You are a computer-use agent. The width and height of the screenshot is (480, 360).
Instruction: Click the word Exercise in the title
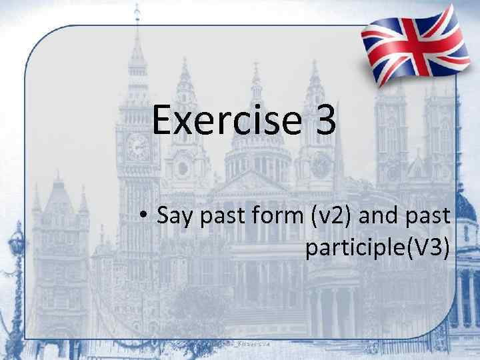click(x=224, y=121)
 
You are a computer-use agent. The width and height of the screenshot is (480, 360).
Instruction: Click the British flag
click(x=411, y=46)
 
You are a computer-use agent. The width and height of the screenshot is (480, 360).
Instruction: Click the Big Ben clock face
click(x=138, y=145)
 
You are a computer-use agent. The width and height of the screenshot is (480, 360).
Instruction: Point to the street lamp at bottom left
click(x=15, y=253)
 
